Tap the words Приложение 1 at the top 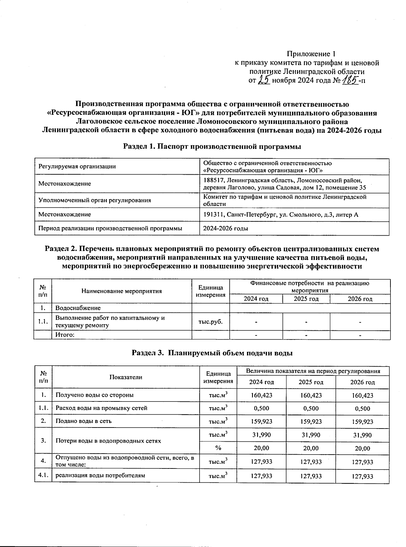[x=311, y=54]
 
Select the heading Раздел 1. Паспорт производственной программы [x=212, y=147]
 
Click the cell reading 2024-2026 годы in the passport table [x=225, y=228]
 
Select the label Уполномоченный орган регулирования [x=95, y=200]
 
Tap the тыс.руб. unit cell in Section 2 [x=210, y=321]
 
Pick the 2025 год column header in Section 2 [x=306, y=299]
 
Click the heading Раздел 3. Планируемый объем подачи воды [x=212, y=353]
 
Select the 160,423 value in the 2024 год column [x=261, y=395]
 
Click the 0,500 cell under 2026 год [x=362, y=409]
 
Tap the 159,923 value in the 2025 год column [x=311, y=422]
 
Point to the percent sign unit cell [x=218, y=448]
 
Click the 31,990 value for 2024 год [x=261, y=435]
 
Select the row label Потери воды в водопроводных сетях [x=108, y=441]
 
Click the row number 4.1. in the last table [x=43, y=475]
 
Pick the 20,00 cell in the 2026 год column [x=362, y=448]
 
